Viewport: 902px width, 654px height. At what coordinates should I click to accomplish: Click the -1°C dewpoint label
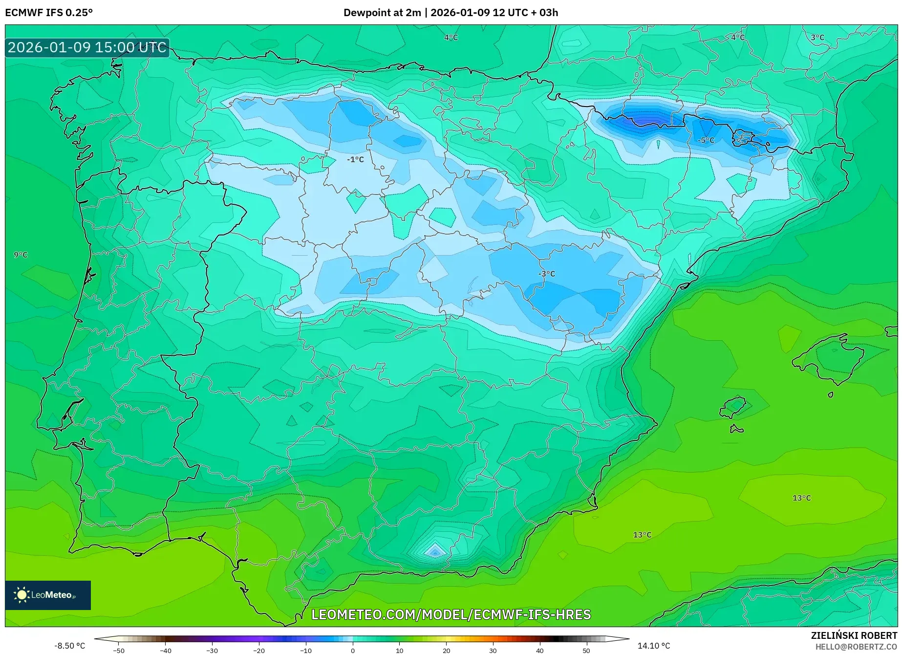click(355, 159)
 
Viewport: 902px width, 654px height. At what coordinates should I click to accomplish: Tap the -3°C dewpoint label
click(547, 274)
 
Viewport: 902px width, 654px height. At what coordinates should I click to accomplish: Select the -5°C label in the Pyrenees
click(706, 140)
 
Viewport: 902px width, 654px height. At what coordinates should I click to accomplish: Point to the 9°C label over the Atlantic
click(21, 255)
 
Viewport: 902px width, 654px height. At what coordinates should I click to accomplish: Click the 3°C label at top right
click(817, 37)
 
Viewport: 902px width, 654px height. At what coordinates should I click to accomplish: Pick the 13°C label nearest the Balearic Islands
click(801, 498)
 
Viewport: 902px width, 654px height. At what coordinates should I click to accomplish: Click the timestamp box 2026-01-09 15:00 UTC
click(87, 47)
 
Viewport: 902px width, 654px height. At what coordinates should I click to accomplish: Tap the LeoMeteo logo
click(48, 595)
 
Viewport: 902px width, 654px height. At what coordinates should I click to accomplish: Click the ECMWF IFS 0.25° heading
click(49, 12)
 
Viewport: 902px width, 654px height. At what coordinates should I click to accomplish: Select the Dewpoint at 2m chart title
click(451, 12)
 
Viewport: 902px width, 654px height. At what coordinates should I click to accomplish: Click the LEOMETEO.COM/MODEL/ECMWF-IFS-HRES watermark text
click(451, 614)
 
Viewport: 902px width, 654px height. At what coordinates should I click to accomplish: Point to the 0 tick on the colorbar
click(353, 650)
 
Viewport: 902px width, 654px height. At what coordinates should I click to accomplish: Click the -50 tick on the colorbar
click(119, 650)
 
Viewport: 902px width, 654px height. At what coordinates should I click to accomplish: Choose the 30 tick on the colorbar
click(493, 650)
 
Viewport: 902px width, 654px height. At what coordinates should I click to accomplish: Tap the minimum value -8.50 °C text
click(69, 646)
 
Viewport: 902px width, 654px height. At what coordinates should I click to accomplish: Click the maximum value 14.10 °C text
click(654, 646)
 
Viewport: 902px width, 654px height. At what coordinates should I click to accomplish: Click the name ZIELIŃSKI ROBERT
click(854, 635)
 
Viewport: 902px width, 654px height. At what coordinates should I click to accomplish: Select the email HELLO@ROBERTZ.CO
click(856, 647)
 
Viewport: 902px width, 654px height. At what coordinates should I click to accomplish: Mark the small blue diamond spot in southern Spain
click(434, 551)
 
